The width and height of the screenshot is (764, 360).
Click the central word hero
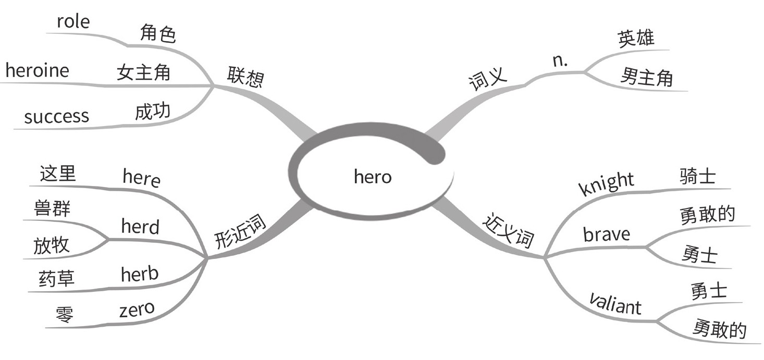372,177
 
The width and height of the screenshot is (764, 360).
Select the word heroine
37,70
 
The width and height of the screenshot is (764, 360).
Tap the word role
73,22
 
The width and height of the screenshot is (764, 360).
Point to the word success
56,116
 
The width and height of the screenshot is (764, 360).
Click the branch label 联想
245,78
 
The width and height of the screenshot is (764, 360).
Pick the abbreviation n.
560,61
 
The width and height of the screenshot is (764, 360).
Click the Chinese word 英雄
636,39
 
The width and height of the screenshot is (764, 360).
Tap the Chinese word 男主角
646,78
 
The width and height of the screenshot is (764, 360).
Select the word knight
607,183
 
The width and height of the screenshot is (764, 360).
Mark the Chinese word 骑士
697,177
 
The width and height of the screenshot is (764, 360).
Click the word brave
606,234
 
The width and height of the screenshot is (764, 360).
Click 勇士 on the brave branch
699,255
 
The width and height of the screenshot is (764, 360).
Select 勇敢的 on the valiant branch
719,330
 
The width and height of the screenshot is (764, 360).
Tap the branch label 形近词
240,233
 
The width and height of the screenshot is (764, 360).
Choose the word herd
140,227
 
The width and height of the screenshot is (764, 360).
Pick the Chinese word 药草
56,278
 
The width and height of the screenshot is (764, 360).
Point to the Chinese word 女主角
143,72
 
